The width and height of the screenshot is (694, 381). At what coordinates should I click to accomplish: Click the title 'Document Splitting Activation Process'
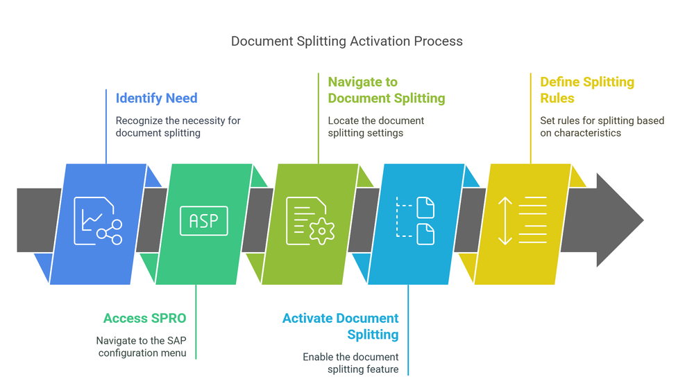coord(346,42)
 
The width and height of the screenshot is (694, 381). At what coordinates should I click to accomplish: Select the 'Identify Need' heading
coord(156,98)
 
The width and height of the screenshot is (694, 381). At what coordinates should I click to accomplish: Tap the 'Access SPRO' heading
coord(144,319)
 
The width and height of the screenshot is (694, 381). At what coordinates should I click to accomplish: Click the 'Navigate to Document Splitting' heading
coord(386,90)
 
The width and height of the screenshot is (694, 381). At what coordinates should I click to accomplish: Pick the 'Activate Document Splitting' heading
coord(340,326)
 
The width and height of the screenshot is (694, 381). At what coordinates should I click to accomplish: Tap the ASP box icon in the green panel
coord(203,221)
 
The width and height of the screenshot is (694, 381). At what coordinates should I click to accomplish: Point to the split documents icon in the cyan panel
coord(416,221)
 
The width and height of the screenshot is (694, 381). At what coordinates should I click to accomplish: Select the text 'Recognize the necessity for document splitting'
coord(178,127)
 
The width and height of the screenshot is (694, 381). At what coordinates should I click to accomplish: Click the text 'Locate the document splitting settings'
coord(375,127)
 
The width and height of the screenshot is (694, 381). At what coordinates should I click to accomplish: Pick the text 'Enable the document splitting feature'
coord(350,363)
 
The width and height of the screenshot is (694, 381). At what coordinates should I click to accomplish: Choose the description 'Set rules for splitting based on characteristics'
coord(602,127)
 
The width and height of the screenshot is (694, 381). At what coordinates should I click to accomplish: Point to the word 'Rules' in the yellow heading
coord(557,98)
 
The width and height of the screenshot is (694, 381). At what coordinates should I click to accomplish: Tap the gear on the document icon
coord(321,230)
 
